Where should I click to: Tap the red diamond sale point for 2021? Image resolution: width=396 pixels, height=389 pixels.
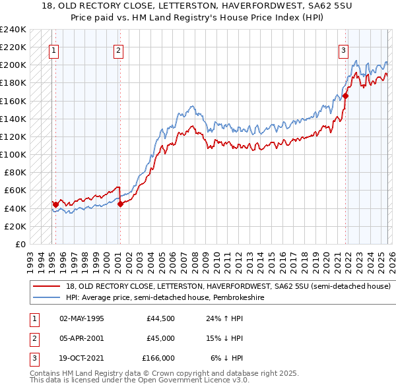pos(345,96)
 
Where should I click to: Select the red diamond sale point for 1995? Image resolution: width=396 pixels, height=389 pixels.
pos(55,204)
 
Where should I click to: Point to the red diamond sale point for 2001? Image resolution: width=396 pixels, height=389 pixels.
pos(120,204)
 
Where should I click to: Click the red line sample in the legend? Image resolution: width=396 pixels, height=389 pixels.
pos(47,287)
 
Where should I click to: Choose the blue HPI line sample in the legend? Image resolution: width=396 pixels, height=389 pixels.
pos(47,298)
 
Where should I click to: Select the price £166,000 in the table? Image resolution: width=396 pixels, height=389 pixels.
pos(158,358)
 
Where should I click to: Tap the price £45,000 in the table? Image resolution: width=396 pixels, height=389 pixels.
pos(160,338)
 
